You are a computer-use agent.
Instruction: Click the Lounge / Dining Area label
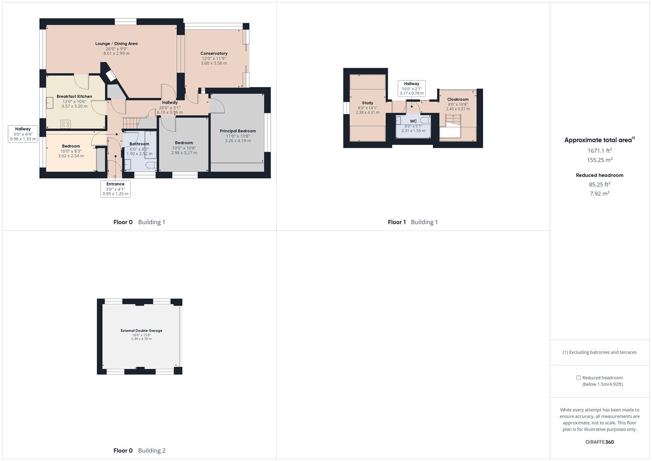click(116, 44)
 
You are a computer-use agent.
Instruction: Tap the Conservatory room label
click(213, 53)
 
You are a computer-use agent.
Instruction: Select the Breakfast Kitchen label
click(74, 96)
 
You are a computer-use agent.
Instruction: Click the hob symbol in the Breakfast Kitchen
click(65, 124)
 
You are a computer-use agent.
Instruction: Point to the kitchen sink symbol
click(50, 102)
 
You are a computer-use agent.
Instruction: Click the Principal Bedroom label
click(238, 131)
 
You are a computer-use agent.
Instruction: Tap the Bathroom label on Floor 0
click(139, 144)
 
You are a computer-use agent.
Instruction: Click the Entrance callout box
click(115, 189)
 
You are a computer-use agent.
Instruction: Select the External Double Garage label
click(141, 330)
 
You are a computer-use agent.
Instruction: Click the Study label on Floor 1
click(368, 103)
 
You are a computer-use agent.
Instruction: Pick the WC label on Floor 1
click(413, 121)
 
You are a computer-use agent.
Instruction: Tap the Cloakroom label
click(458, 99)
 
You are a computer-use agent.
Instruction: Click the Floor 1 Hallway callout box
click(412, 88)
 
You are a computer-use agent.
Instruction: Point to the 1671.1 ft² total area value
click(599, 151)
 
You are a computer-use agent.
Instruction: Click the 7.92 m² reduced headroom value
click(599, 193)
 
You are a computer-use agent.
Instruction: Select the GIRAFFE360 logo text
click(599, 442)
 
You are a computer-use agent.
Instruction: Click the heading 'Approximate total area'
click(598, 140)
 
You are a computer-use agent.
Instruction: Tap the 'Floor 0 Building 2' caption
click(139, 450)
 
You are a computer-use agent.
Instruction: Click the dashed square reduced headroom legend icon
click(578, 378)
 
